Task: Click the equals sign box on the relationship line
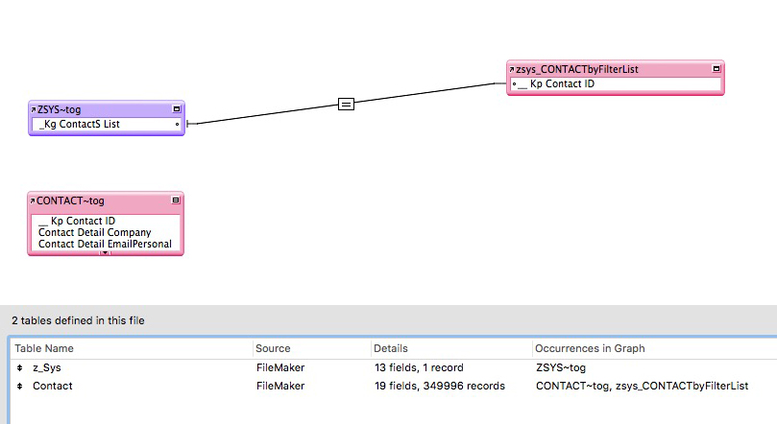(x=347, y=104)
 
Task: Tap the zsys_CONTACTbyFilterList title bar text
(x=577, y=69)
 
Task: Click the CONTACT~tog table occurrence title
(x=70, y=201)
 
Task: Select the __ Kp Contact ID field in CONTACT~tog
(x=77, y=221)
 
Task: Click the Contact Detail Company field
(x=94, y=232)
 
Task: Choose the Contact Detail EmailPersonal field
(x=105, y=244)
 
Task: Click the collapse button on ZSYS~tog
(x=176, y=109)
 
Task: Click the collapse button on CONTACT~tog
(x=176, y=200)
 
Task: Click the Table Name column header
(x=44, y=348)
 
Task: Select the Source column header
(x=273, y=348)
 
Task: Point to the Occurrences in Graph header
(x=591, y=348)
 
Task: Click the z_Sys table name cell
(x=47, y=367)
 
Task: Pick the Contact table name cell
(x=52, y=386)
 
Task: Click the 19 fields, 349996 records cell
(x=439, y=386)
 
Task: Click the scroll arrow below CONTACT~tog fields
(x=105, y=252)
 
